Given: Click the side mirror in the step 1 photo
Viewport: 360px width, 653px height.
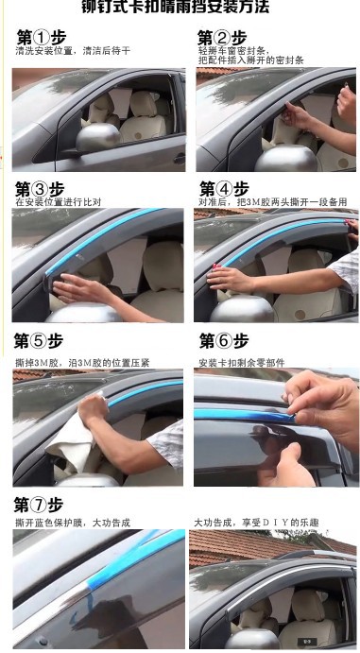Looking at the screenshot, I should pos(97,139).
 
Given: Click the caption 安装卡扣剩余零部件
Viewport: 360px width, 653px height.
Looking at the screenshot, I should pos(241,362).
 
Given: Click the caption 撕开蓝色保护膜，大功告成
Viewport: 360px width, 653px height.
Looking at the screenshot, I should pos(72,522).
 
